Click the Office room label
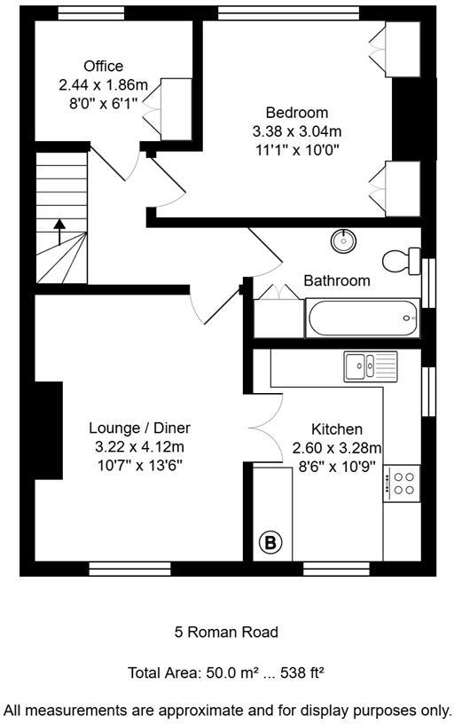103,67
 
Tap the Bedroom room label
296,113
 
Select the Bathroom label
336,280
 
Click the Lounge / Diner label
139,428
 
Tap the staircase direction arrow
59,232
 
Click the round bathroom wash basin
343,240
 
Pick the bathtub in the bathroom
362,317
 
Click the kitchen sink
372,365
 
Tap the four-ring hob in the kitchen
403,482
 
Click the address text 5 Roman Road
226,633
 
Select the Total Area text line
226,673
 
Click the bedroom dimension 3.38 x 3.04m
296,130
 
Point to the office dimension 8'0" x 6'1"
103,103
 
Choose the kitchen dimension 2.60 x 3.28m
337,447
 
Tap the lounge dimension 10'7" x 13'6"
139,465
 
